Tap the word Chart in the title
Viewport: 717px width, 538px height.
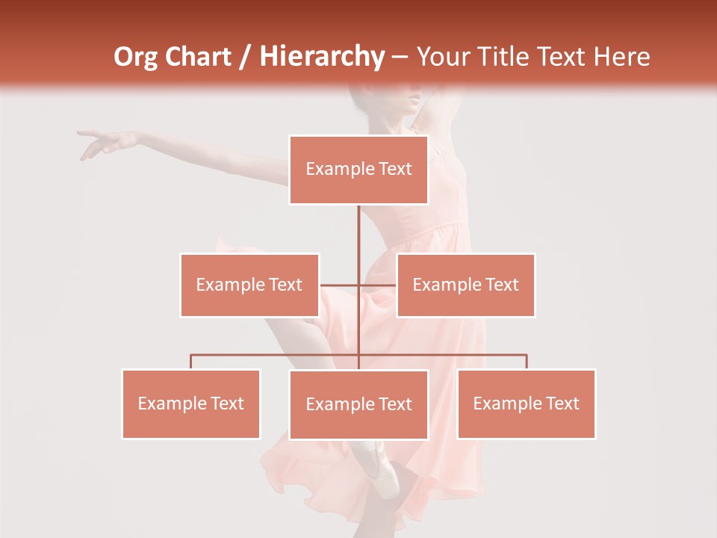click(198, 58)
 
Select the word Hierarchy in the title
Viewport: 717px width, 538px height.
click(321, 58)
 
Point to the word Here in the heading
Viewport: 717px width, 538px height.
click(621, 58)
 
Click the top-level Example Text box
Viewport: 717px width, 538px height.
click(358, 170)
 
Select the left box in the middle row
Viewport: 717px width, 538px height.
click(249, 285)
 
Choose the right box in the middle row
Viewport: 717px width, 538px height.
click(465, 285)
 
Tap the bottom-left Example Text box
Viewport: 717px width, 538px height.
click(191, 403)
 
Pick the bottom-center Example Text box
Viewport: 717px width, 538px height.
click(358, 404)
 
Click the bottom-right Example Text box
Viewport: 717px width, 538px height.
click(527, 403)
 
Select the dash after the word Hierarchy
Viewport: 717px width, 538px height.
click(400, 58)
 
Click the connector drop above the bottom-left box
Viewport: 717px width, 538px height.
click(191, 362)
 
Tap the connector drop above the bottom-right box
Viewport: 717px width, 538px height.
click(527, 362)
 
